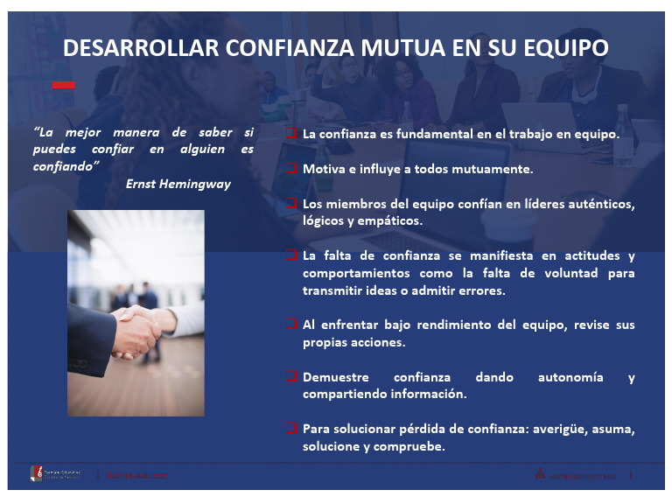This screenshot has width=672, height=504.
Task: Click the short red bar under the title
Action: [64, 85]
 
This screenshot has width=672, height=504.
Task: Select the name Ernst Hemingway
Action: [178, 184]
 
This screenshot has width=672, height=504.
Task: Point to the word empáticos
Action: [388, 220]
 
